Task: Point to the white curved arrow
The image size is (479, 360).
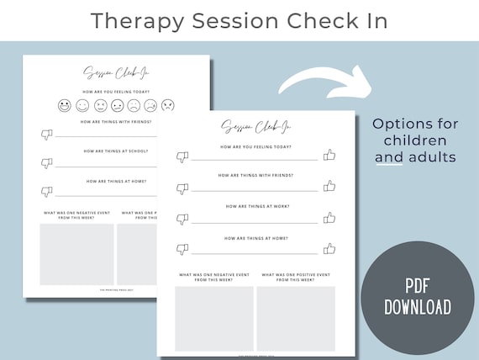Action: click(323, 82)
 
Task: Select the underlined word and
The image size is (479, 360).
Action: click(388, 156)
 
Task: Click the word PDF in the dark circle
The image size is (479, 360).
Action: click(418, 283)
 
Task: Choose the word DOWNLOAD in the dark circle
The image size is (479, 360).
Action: click(418, 306)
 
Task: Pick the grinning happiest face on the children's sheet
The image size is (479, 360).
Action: click(65, 106)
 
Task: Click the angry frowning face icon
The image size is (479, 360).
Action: click(168, 106)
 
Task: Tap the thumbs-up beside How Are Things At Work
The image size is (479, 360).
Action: click(329, 218)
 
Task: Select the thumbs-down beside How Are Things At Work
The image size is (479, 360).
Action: click(182, 219)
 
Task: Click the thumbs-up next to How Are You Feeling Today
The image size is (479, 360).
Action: click(329, 155)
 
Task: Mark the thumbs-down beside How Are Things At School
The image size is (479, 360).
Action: click(47, 162)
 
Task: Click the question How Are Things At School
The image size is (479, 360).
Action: click(117, 151)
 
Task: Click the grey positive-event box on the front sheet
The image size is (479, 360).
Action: click(295, 318)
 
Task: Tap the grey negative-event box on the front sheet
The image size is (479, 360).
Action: click(214, 318)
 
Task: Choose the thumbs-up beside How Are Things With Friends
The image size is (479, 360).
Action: click(329, 186)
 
